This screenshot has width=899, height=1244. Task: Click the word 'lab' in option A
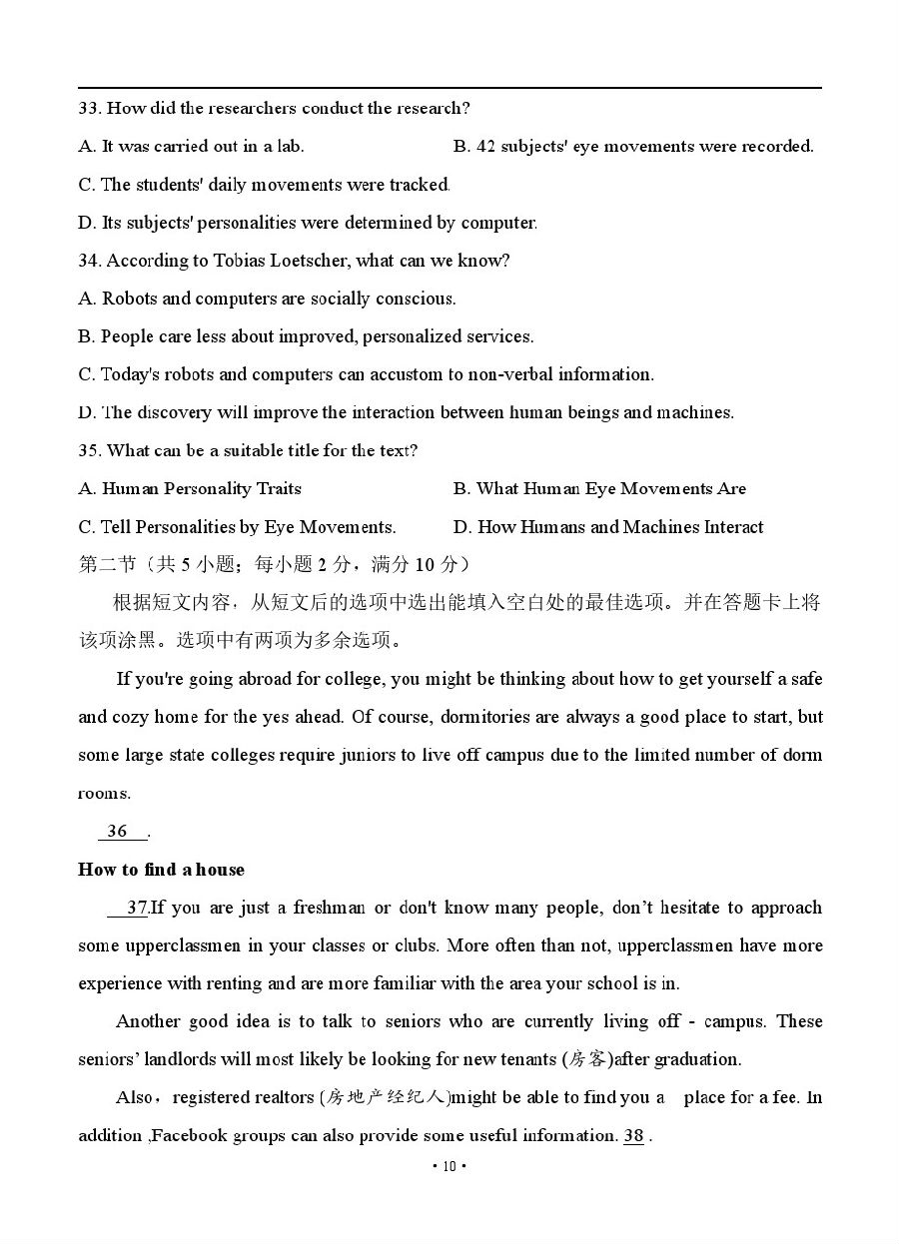290,146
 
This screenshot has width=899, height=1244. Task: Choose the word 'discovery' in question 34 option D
178,412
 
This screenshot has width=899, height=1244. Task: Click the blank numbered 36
118,831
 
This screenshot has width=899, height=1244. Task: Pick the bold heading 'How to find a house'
161,869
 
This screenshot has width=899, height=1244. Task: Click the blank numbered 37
136,908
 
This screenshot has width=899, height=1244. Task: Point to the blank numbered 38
633,1135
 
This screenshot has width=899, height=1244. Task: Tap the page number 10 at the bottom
449,1166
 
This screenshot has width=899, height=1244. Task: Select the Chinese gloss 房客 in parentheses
587,1059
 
